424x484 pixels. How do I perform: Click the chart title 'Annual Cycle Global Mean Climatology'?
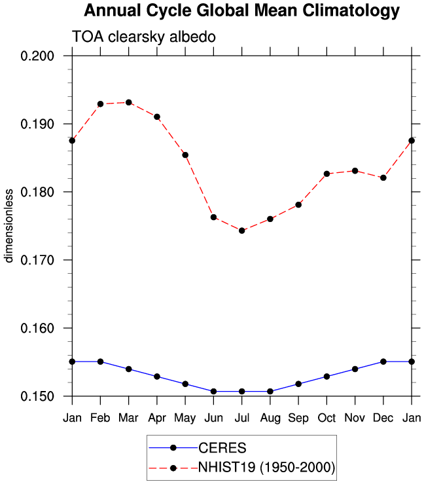[x=241, y=10]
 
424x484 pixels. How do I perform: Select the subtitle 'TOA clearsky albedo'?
[x=144, y=37]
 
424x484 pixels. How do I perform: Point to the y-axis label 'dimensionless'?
[x=9, y=226]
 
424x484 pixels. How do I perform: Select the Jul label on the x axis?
[x=241, y=418]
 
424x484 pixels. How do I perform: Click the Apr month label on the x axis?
[x=157, y=419]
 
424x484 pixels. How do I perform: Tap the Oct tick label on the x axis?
[x=327, y=418]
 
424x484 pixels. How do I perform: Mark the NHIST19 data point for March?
[x=129, y=102]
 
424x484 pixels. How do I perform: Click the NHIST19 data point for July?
[x=241, y=231]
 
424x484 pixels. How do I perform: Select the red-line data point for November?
[x=355, y=171]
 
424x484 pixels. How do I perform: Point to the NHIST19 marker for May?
[x=185, y=155]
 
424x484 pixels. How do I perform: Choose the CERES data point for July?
[x=241, y=392]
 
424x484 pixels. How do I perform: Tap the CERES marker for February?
[x=100, y=362]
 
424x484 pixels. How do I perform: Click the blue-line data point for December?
[x=383, y=362]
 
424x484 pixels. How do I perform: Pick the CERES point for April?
[x=157, y=377]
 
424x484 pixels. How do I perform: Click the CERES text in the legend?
[x=222, y=448]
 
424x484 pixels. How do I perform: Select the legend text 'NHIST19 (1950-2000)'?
[x=266, y=468]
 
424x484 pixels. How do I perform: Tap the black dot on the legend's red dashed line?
[x=173, y=468]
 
